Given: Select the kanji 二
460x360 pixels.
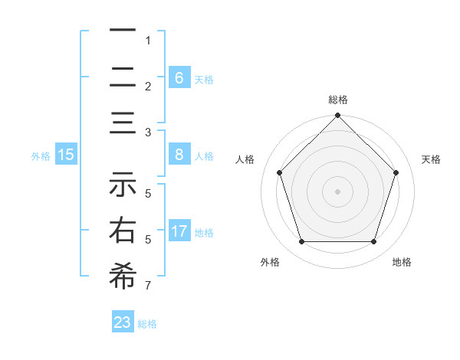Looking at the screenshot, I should pyautogui.click(x=123, y=77).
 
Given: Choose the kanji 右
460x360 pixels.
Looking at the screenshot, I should pyautogui.click(x=123, y=231).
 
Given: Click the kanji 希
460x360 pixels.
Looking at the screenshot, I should pyautogui.click(x=123, y=276).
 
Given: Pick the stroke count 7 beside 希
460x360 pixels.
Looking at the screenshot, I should pyautogui.click(x=148, y=286).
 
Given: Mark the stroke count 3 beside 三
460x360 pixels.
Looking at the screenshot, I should pyautogui.click(x=148, y=132).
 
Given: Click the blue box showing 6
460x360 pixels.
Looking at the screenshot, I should pyautogui.click(x=179, y=77).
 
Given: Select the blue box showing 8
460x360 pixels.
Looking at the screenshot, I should pyautogui.click(x=179, y=155).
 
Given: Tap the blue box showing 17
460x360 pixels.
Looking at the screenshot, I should pyautogui.click(x=179, y=231).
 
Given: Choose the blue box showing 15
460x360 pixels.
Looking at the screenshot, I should pyautogui.click(x=66, y=155).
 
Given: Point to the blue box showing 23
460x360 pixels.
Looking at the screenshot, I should pyautogui.click(x=123, y=322).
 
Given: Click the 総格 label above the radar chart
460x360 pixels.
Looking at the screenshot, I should pyautogui.click(x=338, y=100).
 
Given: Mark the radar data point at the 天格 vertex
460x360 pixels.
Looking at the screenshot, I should pyautogui.click(x=396, y=172).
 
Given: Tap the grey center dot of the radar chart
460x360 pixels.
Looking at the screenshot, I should pyautogui.click(x=338, y=191).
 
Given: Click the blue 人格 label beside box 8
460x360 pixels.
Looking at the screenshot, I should pyautogui.click(x=204, y=156).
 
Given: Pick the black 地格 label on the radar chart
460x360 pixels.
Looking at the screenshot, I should pyautogui.click(x=402, y=262).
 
